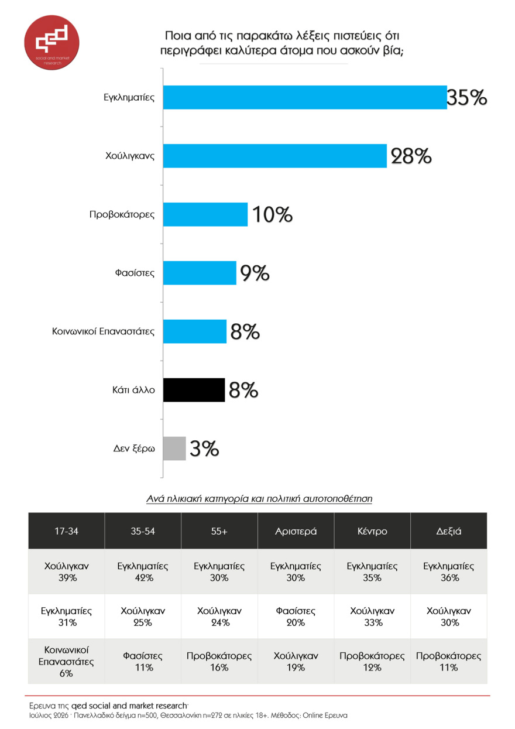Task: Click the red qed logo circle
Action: tap(51, 42)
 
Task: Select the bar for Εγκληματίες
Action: tap(305, 97)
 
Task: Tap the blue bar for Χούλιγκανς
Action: tap(275, 156)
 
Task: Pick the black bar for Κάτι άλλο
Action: tap(194, 390)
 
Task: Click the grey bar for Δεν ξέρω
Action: tap(174, 449)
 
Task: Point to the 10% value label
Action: tap(272, 214)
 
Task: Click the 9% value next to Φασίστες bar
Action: tap(255, 273)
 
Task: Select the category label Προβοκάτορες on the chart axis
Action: tap(122, 215)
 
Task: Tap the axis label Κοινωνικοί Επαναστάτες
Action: tap(103, 331)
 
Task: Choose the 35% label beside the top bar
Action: tap(467, 97)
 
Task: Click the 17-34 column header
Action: tap(66, 531)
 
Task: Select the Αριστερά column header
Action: tap(296, 531)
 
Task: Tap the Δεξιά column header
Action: tap(449, 531)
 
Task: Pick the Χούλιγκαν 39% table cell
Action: tap(66, 571)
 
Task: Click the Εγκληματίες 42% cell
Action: tap(143, 571)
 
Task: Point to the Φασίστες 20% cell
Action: tap(296, 617)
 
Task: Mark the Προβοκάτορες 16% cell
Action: tap(219, 661)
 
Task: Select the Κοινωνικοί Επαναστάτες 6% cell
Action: tap(66, 661)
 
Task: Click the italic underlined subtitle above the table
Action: tap(259, 498)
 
